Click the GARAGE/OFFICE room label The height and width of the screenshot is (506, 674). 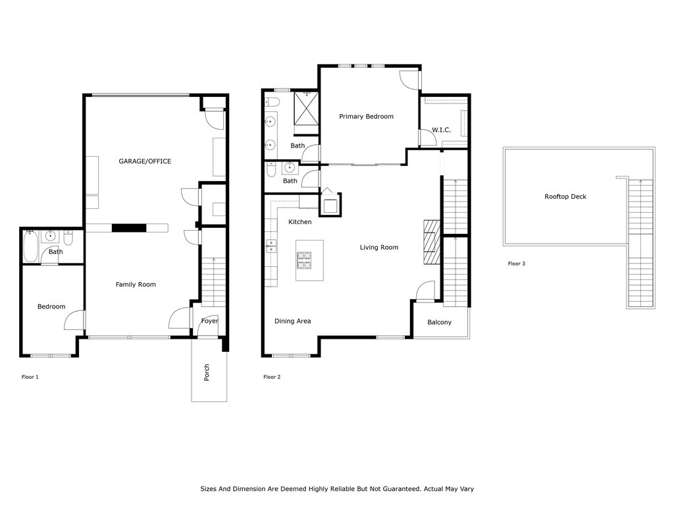coord(145,161)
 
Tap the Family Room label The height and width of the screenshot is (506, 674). coord(136,285)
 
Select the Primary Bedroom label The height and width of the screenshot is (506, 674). coord(366,117)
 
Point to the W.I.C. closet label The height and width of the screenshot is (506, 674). coord(441,130)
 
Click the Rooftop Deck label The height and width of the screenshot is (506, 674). coord(565,196)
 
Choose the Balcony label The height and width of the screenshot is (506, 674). coord(439,322)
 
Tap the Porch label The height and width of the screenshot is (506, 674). coord(207,372)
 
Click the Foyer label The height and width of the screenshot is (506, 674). coord(209,321)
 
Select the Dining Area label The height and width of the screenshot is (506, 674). coord(292,321)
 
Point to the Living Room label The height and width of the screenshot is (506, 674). coord(378,248)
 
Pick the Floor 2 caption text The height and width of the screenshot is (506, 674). coord(272,378)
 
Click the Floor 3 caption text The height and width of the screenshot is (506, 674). coord(516,264)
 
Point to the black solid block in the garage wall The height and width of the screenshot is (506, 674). coord(128,228)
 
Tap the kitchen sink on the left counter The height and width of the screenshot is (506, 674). coord(271,246)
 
